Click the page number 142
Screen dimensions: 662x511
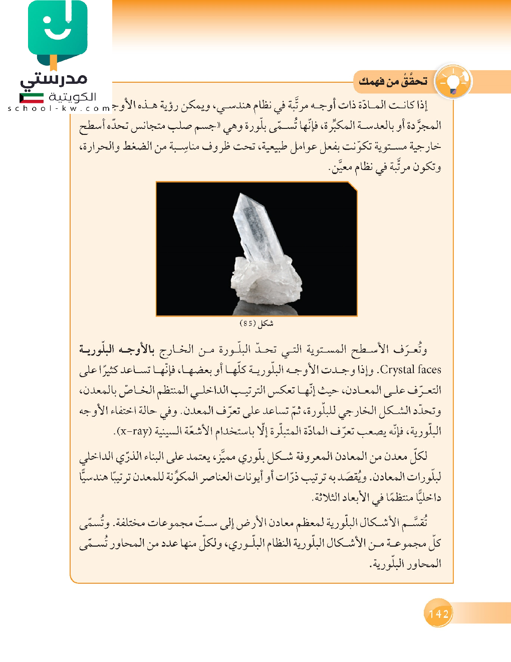pos(438,613)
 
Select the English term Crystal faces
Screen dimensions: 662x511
pos(411,370)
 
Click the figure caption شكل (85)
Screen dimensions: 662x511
pos(257,323)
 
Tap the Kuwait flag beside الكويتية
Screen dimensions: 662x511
pos(31,98)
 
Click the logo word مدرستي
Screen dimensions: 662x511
pos(54,79)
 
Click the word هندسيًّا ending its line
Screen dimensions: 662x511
pos(93,476)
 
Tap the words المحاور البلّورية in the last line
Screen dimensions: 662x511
pos(406,564)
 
